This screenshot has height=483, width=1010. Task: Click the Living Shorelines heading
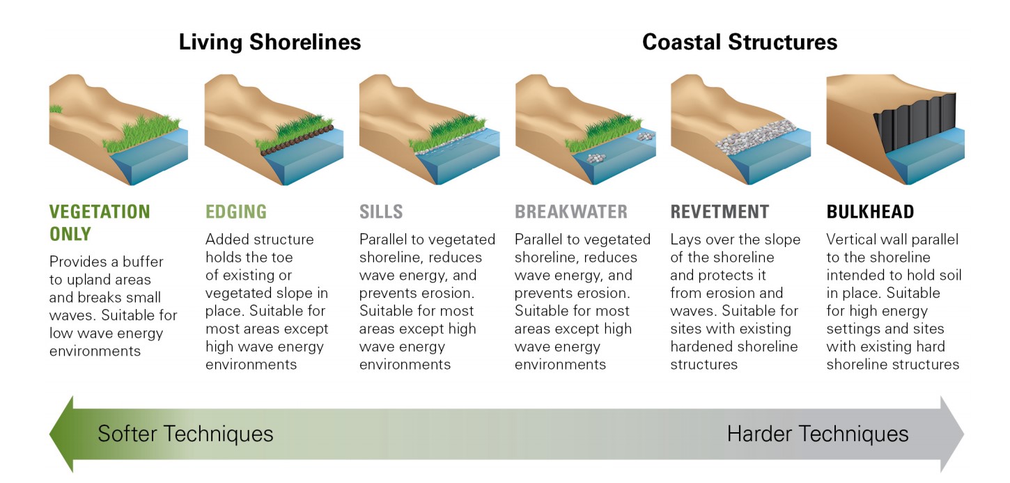[x=270, y=42]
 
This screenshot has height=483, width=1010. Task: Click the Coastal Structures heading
[x=740, y=42]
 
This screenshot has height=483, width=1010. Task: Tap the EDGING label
[x=236, y=212]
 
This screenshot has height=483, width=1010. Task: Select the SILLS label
[x=381, y=212]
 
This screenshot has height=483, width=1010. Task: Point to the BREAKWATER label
[x=571, y=212]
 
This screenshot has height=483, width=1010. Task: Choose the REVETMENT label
[x=720, y=212]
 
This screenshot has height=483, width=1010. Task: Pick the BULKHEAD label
[x=870, y=212]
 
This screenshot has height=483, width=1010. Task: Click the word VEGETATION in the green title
[x=100, y=212]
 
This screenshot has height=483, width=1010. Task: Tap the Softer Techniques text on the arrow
[x=185, y=434]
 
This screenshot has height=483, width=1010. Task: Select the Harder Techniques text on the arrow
[x=818, y=434]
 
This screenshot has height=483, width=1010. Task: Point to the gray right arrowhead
[x=951, y=434]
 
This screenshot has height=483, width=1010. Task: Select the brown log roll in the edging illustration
[x=297, y=141]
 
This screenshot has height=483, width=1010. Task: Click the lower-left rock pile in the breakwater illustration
[x=596, y=158]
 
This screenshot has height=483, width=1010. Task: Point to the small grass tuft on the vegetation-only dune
[x=56, y=109]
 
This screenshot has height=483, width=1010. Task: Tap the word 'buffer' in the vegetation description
[x=143, y=261]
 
